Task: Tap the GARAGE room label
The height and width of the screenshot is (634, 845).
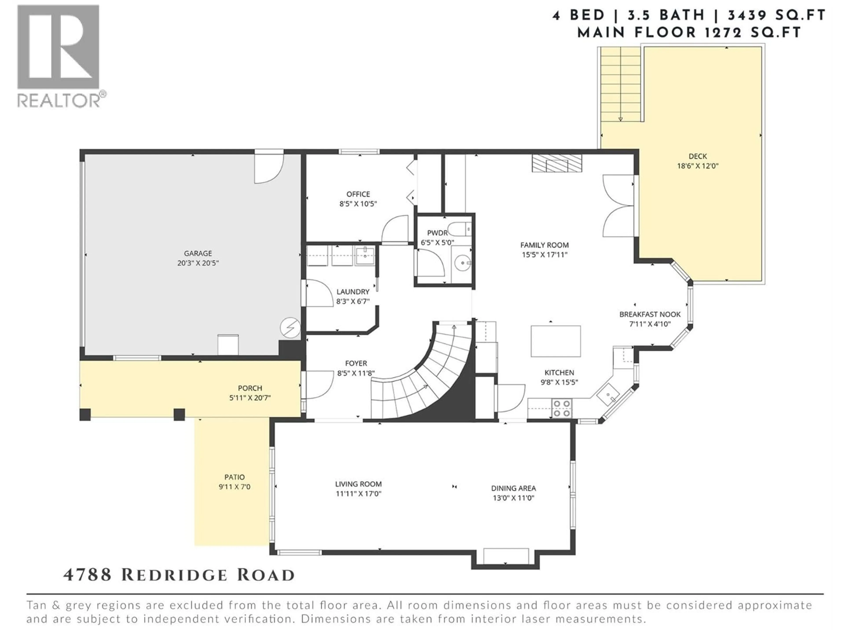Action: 198,253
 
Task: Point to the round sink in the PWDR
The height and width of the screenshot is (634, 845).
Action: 463,263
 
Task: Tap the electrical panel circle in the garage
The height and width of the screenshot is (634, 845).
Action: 290,328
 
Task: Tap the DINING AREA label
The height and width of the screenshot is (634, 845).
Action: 513,488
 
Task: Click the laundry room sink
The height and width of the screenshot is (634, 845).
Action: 366,255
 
